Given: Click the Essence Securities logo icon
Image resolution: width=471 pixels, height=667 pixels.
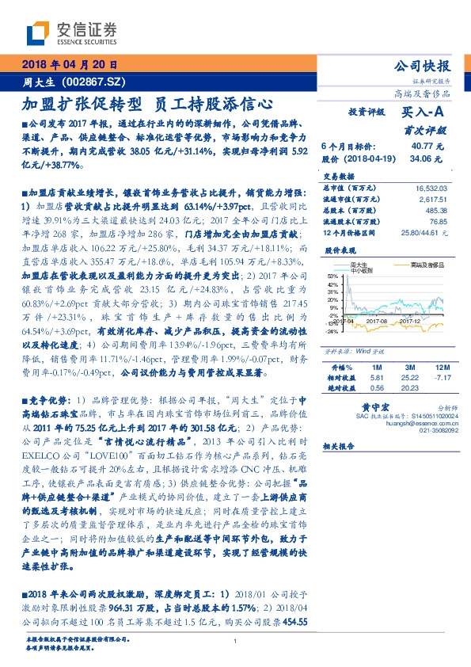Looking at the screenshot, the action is click(38, 32).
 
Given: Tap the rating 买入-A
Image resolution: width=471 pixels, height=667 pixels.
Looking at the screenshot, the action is click(421, 113).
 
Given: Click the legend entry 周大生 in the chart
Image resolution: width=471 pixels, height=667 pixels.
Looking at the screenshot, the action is click(359, 265).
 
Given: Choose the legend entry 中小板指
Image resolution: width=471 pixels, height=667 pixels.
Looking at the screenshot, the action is click(360, 272).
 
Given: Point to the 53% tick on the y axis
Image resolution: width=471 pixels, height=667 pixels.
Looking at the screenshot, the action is click(332, 276).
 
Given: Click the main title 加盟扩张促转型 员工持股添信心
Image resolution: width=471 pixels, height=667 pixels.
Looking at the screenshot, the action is click(148, 103).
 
